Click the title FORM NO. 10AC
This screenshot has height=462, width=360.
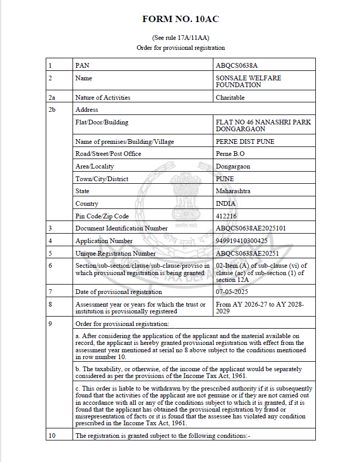[x=180, y=19]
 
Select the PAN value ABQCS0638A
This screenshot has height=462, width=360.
[x=236, y=66]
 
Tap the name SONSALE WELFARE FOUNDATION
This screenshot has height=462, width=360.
[x=248, y=81]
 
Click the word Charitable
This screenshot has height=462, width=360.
[x=230, y=98]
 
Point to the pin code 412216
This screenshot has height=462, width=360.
[x=227, y=216]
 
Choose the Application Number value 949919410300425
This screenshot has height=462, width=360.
[x=241, y=241]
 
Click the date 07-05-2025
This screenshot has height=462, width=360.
[x=232, y=292]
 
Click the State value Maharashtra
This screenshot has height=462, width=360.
[x=233, y=191]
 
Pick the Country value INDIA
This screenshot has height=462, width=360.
[x=226, y=204]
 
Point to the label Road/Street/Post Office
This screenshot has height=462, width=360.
[x=108, y=154]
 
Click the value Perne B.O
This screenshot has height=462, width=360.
[x=230, y=154]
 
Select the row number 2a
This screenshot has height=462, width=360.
[x=52, y=98]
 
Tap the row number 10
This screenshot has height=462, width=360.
[x=52, y=436]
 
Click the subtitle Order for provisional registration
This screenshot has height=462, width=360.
[x=180, y=48]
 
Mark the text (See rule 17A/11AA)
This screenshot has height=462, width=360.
[x=180, y=38]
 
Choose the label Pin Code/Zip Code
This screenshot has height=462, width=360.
[x=102, y=216]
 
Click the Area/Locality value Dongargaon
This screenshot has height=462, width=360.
[x=233, y=166]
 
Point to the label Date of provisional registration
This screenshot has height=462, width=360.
[x=119, y=292]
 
